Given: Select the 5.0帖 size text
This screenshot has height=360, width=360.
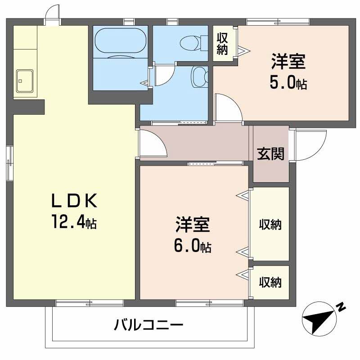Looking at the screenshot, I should click(288, 83).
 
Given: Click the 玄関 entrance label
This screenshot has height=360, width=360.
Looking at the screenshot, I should click(270, 154).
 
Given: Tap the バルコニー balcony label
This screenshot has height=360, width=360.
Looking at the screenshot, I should click(148, 324).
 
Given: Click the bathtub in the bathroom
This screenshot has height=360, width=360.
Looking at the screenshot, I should click(120, 41).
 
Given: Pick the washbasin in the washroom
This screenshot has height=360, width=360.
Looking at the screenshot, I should click(198, 77).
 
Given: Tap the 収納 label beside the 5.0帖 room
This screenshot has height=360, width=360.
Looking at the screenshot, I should click(222, 44).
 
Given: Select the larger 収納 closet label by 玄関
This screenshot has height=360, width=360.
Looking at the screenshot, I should click(270, 225).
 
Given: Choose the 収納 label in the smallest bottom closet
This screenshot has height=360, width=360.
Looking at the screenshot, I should click(270, 282).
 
